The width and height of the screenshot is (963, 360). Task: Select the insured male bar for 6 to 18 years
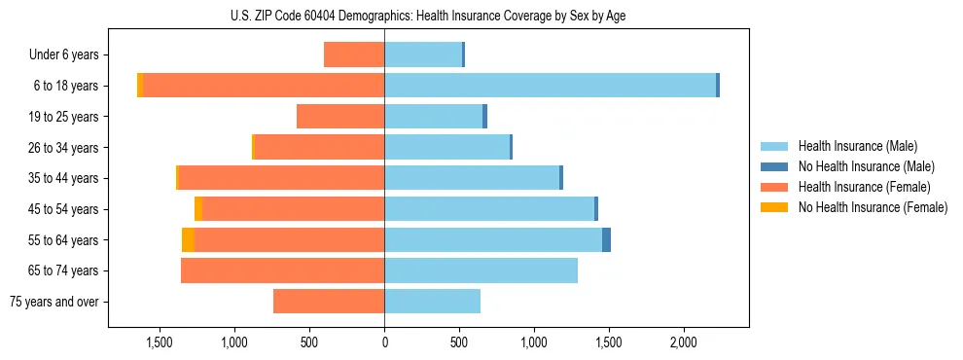(x=550, y=86)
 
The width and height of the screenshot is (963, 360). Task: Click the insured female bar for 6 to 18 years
(x=264, y=86)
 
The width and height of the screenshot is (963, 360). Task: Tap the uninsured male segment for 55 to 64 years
(x=606, y=240)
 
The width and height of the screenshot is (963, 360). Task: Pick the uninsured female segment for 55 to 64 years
(x=188, y=240)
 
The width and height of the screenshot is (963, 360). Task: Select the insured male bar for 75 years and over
(x=432, y=302)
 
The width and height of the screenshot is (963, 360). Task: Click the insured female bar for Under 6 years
(x=354, y=54)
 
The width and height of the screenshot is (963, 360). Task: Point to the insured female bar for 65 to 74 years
(x=282, y=270)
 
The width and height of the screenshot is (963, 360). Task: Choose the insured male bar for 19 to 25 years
(x=433, y=117)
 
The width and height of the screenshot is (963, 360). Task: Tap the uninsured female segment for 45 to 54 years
(x=198, y=209)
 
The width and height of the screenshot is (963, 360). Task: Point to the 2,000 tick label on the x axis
(x=683, y=342)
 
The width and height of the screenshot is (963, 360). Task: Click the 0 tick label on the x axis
(x=384, y=342)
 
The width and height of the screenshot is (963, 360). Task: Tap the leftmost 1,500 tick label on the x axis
(x=160, y=342)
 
